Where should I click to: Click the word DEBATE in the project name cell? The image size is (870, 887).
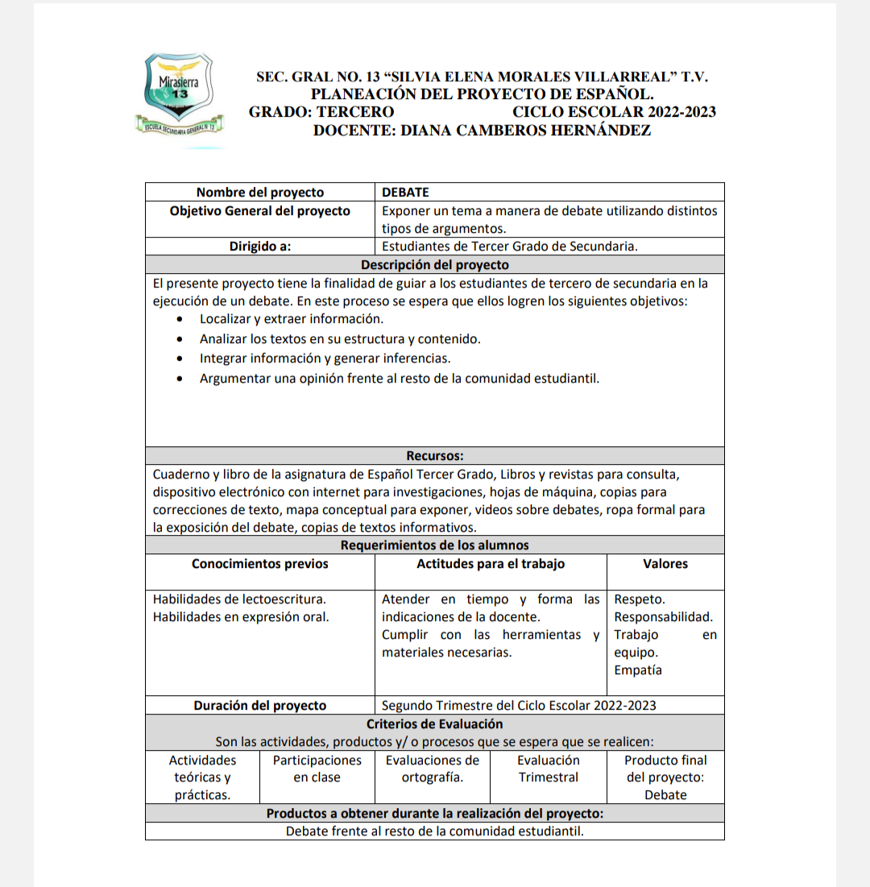pos(405,193)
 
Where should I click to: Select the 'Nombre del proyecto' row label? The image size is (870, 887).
pos(260,193)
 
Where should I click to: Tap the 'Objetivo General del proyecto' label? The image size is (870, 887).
pos(260,211)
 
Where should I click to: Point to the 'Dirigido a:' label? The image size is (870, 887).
pos(260,247)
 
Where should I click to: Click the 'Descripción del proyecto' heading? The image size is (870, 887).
pos(434,264)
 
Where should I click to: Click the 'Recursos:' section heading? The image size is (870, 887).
pos(434,456)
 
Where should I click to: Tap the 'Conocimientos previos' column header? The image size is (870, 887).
pos(260,564)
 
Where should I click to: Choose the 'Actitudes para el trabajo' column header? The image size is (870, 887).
pos(491,564)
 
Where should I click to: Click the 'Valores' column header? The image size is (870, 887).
pos(665,564)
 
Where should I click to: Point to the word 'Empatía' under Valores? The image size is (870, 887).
pos(638,670)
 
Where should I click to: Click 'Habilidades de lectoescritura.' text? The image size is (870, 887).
pos(239,599)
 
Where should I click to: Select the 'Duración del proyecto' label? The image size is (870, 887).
pos(260,706)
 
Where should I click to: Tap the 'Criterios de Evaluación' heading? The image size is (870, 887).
pos(434,723)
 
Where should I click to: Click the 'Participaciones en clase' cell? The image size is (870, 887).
pos(317,769)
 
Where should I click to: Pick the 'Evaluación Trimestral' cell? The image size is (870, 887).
pos(549,769)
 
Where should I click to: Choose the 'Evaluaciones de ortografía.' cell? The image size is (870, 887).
pos(433,769)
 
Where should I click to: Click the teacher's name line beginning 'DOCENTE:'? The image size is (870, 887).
pos(482,131)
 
